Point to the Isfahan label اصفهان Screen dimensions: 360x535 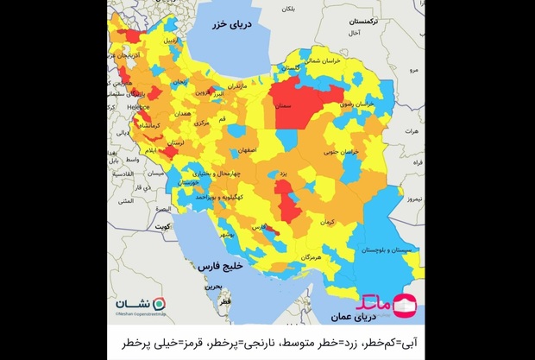(x=243, y=149)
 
